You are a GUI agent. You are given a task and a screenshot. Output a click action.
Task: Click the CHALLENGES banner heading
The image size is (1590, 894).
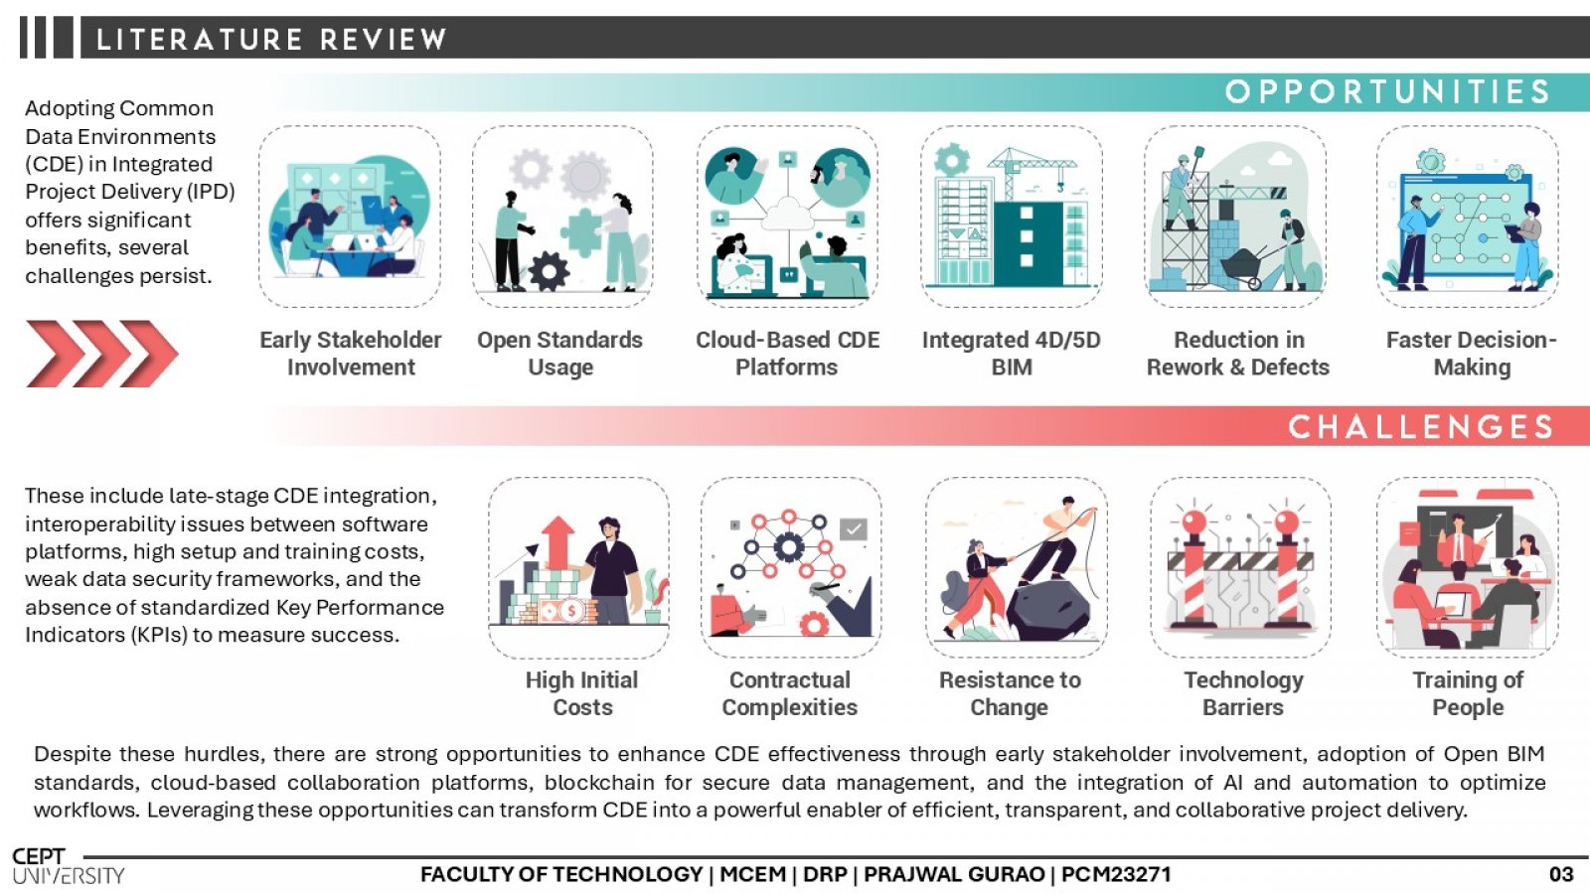[x=1421, y=427]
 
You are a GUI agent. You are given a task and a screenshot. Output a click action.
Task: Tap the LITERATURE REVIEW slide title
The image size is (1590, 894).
[x=271, y=39]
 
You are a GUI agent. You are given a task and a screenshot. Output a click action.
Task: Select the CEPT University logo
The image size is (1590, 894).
[x=69, y=866]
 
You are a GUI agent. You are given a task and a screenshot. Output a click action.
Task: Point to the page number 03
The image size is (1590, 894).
[x=1561, y=874]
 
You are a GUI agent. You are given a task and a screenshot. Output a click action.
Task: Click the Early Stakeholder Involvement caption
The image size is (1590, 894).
[x=351, y=354]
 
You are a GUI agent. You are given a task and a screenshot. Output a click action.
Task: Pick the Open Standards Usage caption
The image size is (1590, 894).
[x=560, y=354]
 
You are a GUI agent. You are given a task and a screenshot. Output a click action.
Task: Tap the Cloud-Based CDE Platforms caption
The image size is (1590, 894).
[x=787, y=354]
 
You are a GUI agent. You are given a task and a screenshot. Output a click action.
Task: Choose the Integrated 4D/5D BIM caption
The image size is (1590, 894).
[x=1012, y=354]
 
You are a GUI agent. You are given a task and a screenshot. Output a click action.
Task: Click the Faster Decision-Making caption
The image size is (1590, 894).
[x=1472, y=354]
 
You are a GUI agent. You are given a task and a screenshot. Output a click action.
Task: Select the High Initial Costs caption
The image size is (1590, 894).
[x=582, y=693]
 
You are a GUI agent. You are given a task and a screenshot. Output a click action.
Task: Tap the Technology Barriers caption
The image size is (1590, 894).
[x=1243, y=693]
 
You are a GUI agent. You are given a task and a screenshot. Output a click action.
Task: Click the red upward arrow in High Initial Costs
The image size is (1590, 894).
[x=557, y=542]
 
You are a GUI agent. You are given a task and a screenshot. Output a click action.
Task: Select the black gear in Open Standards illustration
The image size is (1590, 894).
[x=549, y=271]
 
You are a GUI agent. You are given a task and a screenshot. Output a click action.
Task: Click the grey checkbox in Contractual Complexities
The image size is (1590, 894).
[x=854, y=529]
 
